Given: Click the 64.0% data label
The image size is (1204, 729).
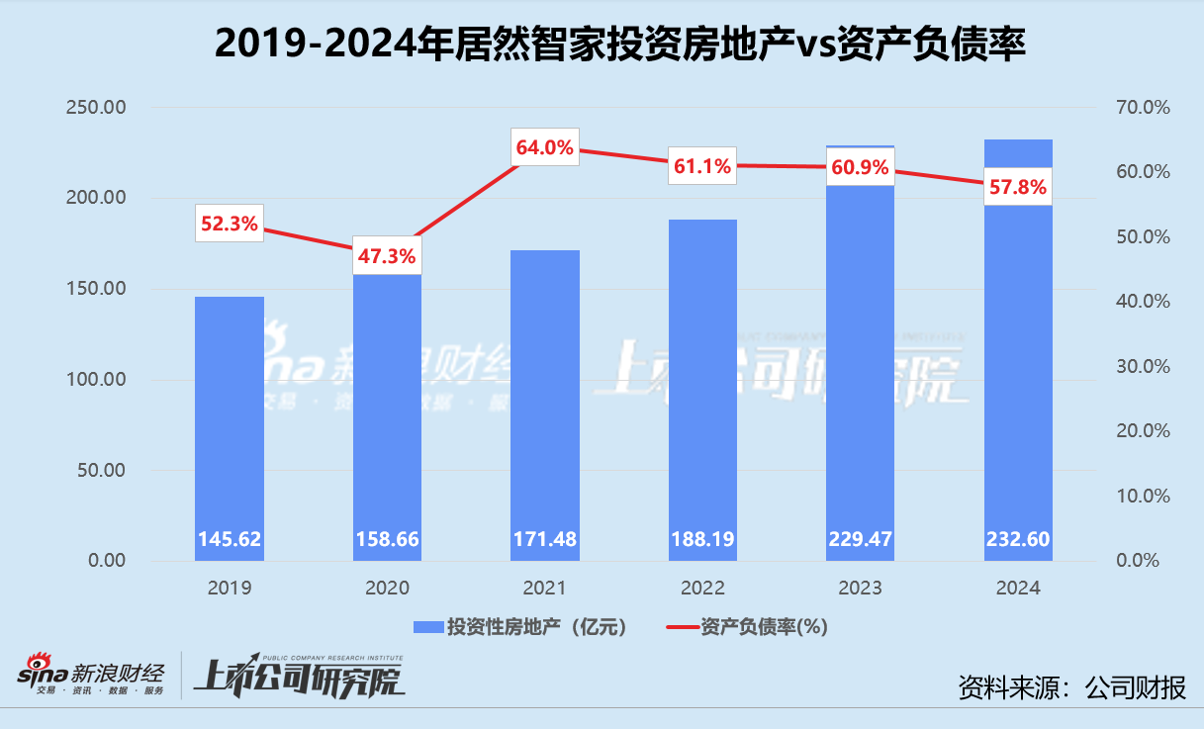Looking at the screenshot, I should (544, 148).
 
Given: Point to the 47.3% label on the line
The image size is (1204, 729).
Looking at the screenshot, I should (387, 256).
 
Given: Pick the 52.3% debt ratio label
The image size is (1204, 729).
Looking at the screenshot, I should (229, 225).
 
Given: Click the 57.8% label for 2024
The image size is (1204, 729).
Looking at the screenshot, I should (1018, 186).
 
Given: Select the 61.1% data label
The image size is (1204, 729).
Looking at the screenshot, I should (701, 165).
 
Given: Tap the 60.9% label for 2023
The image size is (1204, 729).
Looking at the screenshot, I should (860, 167).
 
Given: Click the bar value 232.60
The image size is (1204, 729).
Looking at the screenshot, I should (1018, 540).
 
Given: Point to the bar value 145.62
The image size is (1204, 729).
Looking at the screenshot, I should (229, 540).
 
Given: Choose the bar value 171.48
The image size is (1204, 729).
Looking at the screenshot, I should (544, 540).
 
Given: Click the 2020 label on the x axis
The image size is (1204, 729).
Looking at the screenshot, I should (387, 588).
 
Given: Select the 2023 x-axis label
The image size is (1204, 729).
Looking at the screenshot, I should (860, 588).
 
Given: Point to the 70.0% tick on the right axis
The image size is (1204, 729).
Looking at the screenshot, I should (1143, 107).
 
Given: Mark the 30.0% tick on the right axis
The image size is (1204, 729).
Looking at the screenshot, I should (1143, 366).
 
